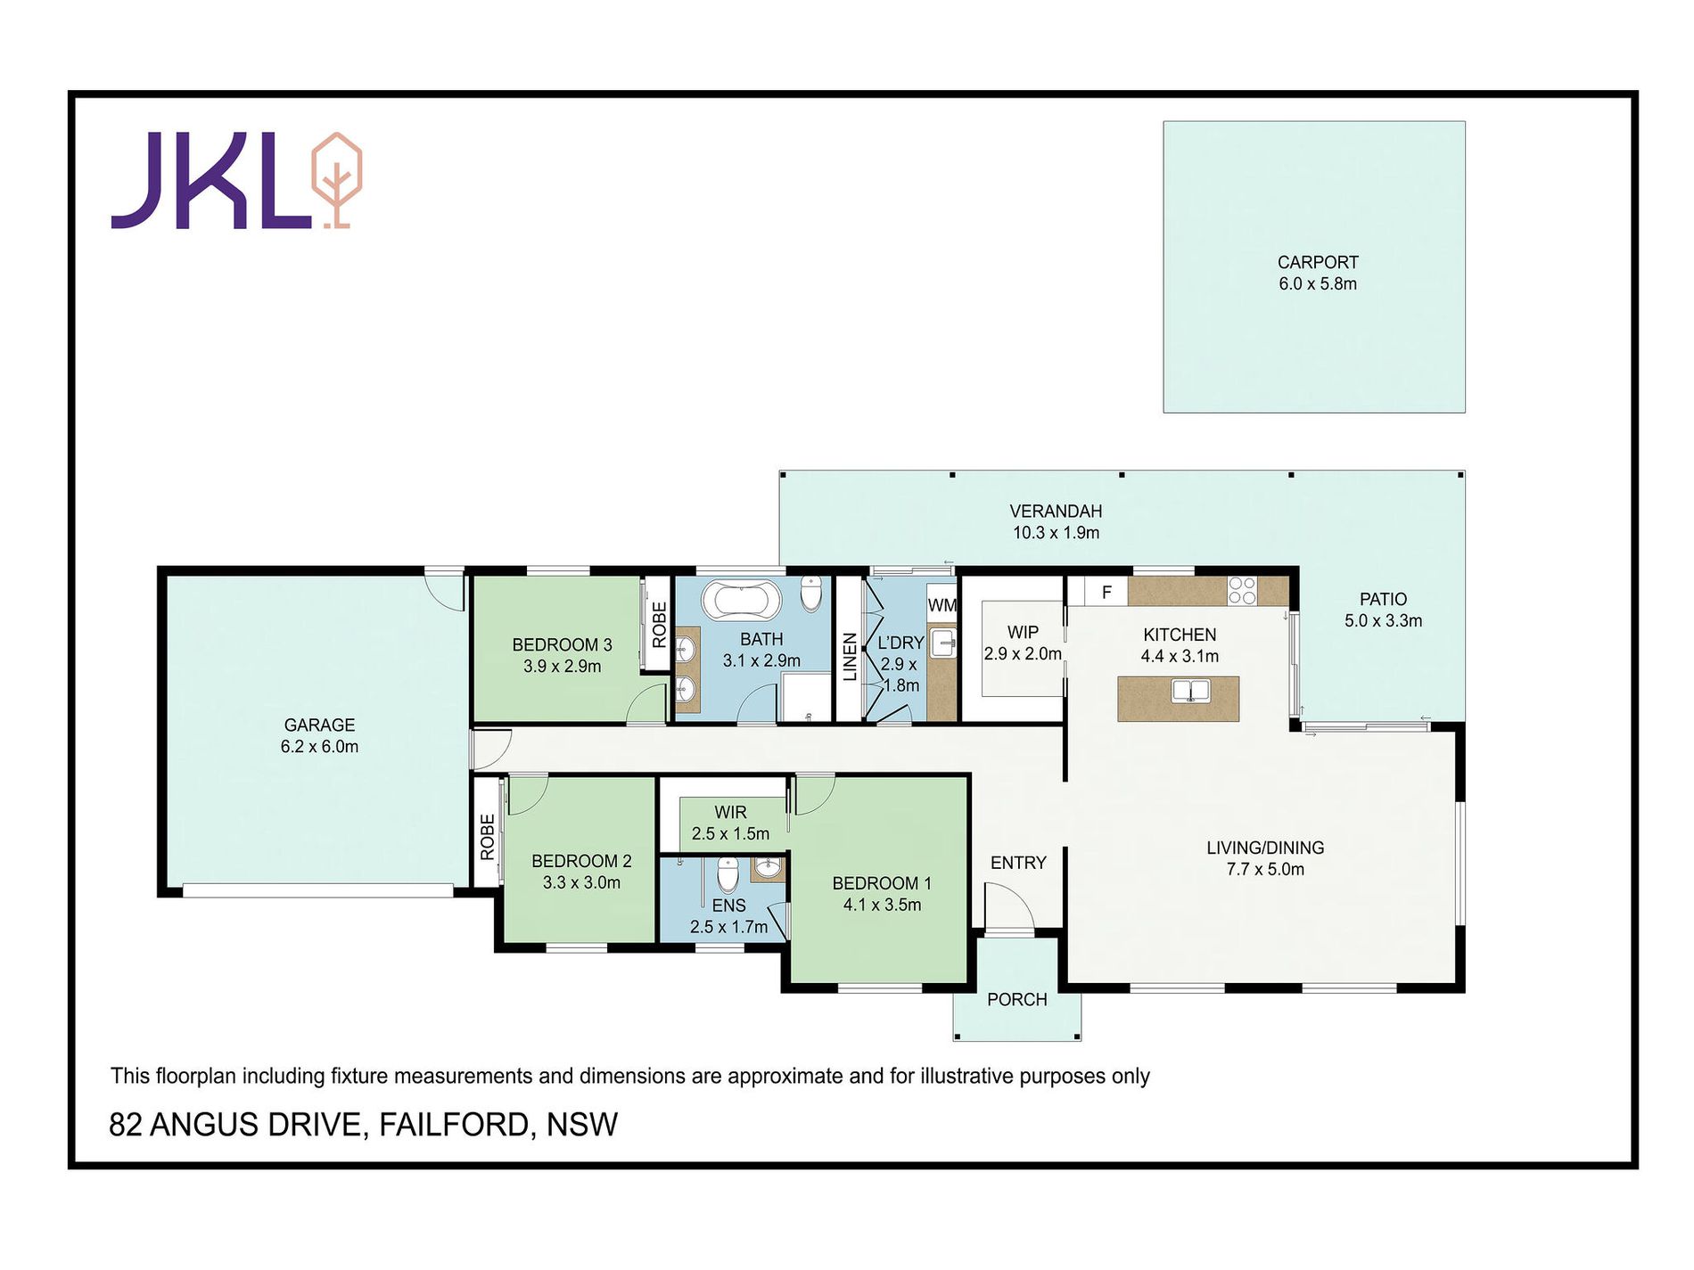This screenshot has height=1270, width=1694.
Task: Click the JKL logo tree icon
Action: click(336, 180)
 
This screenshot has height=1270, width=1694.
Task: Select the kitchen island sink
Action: click(1190, 691)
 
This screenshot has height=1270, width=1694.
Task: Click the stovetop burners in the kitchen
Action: click(1242, 591)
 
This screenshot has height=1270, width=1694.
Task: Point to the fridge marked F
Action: click(1106, 592)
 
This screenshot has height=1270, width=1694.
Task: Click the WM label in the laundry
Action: click(942, 605)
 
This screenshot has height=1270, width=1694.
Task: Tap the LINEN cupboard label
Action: click(850, 657)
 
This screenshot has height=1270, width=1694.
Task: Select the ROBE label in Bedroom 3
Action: click(659, 625)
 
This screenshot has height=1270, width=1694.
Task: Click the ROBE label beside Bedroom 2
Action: click(487, 837)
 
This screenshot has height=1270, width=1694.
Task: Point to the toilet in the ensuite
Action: click(728, 874)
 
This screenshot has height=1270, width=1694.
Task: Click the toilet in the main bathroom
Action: click(810, 594)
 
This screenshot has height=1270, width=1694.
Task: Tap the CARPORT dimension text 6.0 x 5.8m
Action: click(1318, 283)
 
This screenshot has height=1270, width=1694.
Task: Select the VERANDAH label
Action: click(1056, 511)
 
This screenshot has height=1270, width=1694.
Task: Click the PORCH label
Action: click(1017, 999)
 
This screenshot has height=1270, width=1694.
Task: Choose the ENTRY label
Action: click(1018, 863)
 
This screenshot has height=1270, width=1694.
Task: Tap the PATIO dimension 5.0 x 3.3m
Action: click(1383, 620)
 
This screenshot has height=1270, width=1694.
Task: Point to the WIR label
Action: click(730, 812)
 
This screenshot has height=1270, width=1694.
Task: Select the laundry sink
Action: click(942, 643)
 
